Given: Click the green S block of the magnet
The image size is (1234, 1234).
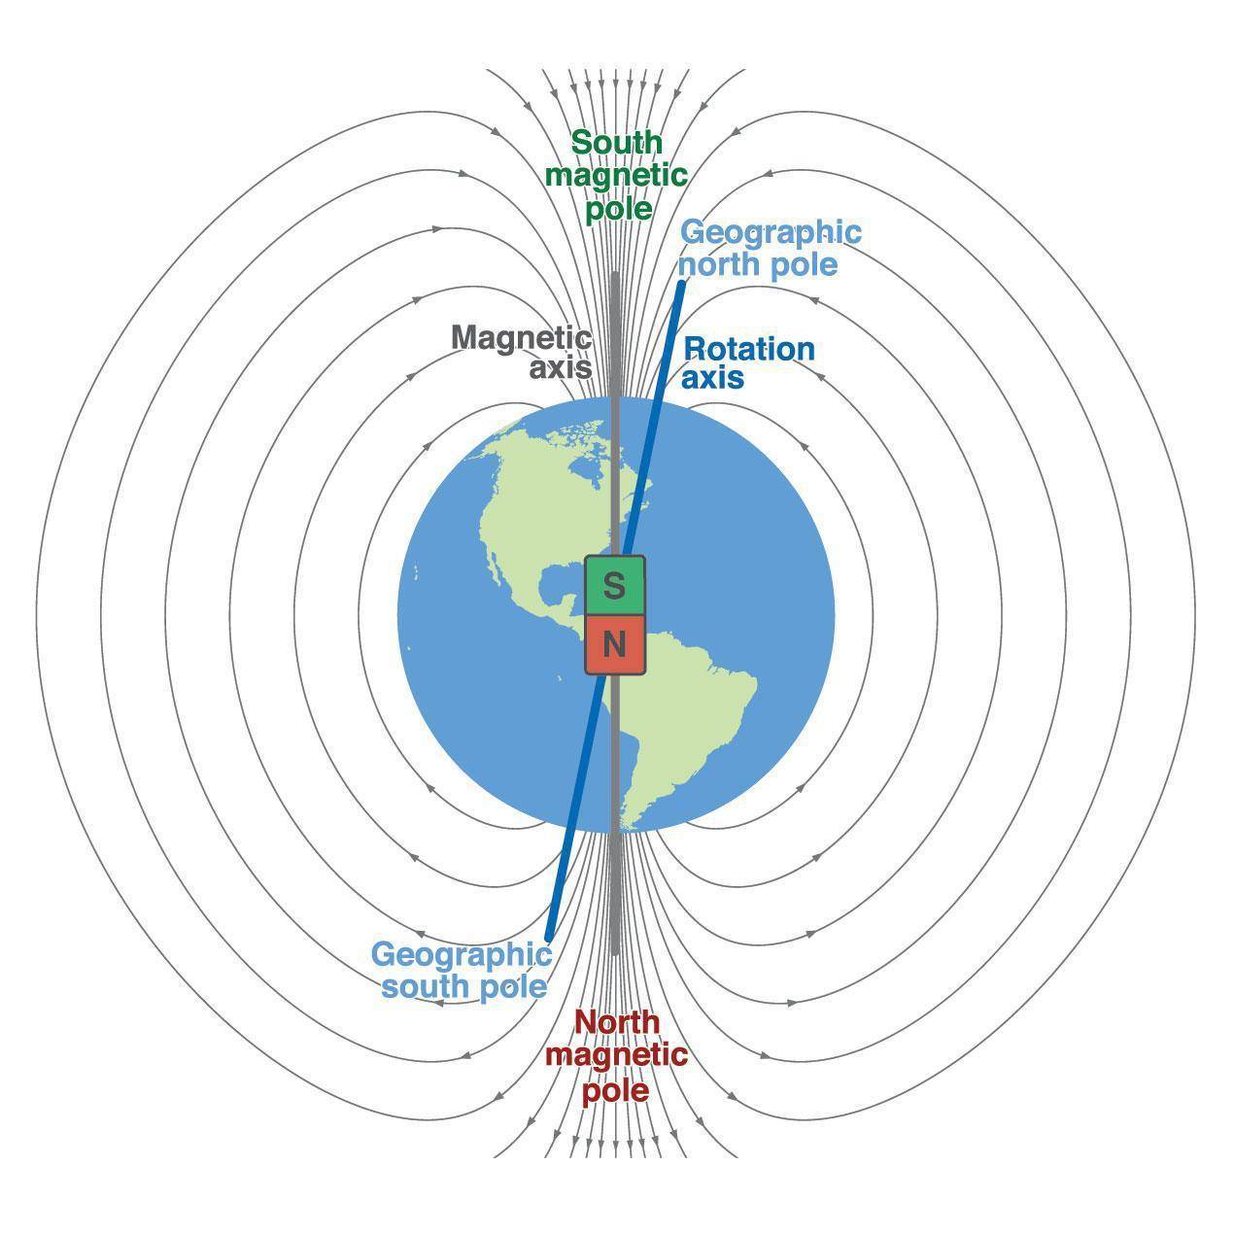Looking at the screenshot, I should click(614, 586).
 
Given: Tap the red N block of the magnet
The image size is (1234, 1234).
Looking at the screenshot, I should click(614, 644).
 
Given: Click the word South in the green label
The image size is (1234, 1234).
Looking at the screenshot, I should click(616, 143).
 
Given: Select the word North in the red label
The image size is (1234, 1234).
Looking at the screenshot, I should click(616, 1022).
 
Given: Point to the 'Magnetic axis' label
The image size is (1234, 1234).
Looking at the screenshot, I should click(522, 353).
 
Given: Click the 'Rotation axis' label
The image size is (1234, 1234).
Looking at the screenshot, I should click(748, 362).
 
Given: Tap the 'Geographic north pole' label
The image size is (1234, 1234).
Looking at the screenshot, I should click(770, 248).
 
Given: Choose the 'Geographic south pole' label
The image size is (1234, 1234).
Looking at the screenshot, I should click(462, 970).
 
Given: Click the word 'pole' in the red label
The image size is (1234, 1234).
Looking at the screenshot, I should click(615, 1090).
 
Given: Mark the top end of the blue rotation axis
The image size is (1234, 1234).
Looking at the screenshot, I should click(682, 283).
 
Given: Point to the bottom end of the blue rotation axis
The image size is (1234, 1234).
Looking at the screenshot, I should click(549, 938).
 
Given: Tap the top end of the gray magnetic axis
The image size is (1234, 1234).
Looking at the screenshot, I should click(615, 275).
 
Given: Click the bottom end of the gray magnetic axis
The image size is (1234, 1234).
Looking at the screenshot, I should click(615, 952).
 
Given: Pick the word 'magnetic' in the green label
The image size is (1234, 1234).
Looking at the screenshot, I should click(616, 176).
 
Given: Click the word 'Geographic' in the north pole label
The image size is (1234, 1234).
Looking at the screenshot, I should click(771, 232).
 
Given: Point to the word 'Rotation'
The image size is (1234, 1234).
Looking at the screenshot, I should click(749, 348).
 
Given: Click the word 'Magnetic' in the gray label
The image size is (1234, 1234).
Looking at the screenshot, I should click(521, 338).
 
